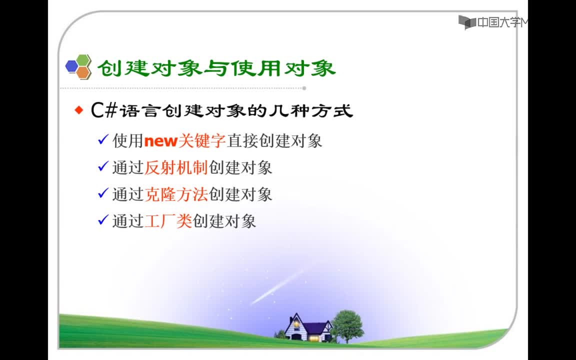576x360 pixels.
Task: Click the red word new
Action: click(x=161, y=141)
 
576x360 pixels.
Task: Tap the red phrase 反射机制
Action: click(x=176, y=168)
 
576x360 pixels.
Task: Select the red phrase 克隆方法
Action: click(x=176, y=194)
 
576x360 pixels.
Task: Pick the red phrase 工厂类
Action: click(x=168, y=221)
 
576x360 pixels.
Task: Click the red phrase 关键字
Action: click(x=202, y=141)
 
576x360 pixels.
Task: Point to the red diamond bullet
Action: click(x=79, y=110)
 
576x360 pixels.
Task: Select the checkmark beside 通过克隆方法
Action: click(x=103, y=193)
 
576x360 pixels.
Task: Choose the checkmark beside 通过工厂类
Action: click(x=103, y=219)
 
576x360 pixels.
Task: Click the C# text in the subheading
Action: click(x=104, y=110)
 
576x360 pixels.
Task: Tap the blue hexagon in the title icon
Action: click(x=71, y=66)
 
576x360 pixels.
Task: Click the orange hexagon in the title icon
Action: click(x=83, y=72)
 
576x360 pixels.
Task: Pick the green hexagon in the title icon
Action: click(x=83, y=60)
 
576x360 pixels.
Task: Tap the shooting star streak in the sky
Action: click(x=277, y=287)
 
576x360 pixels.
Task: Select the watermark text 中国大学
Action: click(x=499, y=22)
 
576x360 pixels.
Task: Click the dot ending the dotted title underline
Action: click(x=304, y=88)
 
